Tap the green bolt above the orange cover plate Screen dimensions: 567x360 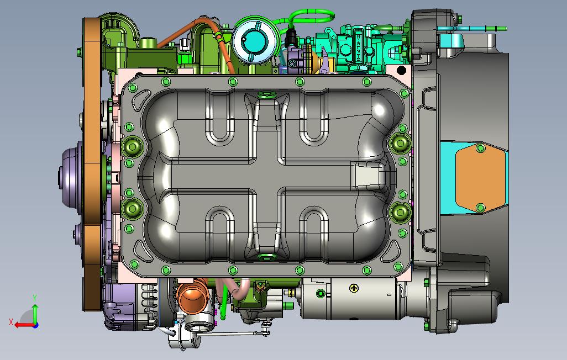[x=480, y=148]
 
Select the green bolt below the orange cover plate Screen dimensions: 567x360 [x=480, y=208]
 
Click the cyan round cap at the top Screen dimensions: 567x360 [x=255, y=40]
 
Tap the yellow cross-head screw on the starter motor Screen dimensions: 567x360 [x=354, y=287]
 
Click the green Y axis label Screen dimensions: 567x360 [x=35, y=298]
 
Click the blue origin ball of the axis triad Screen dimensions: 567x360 [x=35, y=325]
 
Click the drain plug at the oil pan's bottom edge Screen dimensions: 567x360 [x=267, y=256]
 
